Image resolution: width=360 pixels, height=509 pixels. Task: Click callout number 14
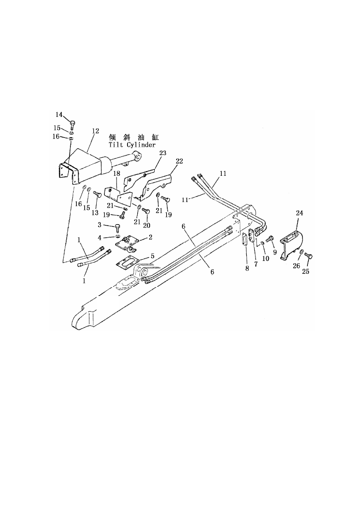click(x=59, y=114)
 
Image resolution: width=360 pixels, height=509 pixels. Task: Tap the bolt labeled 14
click(x=72, y=125)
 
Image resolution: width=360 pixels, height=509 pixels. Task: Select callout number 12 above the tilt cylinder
click(x=95, y=131)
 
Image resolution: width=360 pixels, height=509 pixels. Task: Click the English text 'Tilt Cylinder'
click(x=132, y=145)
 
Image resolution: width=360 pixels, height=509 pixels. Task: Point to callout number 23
click(x=163, y=153)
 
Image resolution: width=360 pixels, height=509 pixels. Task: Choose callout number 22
click(x=179, y=161)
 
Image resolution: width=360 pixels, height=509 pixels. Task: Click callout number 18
click(x=116, y=174)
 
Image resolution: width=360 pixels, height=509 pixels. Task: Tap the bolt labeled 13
click(x=98, y=195)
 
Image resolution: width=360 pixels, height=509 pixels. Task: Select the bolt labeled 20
click(x=146, y=211)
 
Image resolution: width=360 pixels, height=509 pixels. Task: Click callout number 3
click(x=99, y=225)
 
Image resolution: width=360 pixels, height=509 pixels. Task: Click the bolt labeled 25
click(x=308, y=256)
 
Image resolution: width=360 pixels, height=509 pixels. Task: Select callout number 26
click(x=296, y=266)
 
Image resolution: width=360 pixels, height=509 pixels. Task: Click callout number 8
click(x=247, y=269)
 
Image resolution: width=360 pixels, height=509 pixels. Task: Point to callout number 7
click(x=256, y=265)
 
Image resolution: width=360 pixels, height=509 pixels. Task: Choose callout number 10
click(x=266, y=258)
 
